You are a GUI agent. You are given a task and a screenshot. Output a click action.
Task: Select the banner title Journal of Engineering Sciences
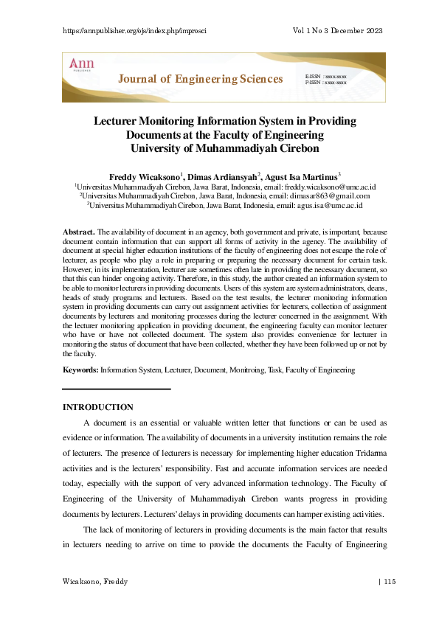coord(201,79)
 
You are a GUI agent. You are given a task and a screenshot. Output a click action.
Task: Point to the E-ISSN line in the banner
coord(325,76)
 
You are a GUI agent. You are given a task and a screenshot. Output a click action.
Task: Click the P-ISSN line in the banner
coord(325,83)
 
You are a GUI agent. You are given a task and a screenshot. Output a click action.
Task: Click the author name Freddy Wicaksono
coord(144,178)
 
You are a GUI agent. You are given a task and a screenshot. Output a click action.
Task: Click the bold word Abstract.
coord(78,232)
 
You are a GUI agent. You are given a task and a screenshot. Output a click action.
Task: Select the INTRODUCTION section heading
coord(97,407)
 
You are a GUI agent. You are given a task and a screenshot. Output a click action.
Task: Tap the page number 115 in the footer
coord(390,582)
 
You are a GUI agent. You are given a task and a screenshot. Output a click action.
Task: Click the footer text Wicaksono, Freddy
coord(95,582)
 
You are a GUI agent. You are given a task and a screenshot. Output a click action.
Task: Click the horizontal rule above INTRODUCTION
coord(117,389)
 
